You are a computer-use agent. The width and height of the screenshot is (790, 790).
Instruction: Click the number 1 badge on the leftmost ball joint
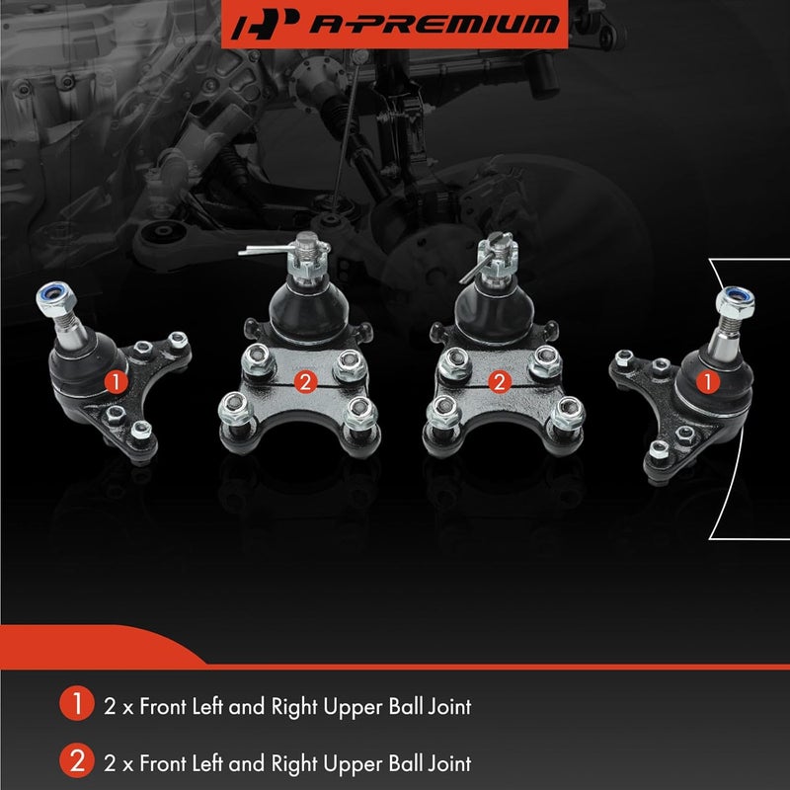[x=116, y=379]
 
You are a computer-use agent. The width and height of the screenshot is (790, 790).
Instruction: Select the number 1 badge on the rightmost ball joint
[x=708, y=377]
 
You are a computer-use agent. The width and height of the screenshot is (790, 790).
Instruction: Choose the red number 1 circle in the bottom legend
[x=74, y=705]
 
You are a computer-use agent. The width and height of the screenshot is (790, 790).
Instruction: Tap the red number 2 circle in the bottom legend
[x=74, y=761]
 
